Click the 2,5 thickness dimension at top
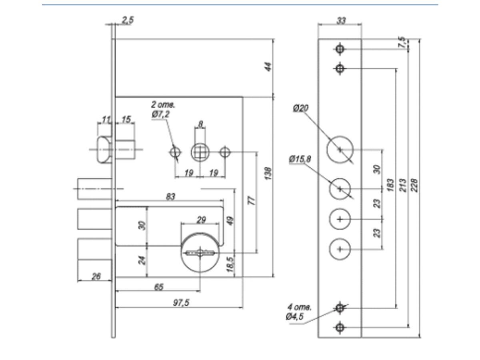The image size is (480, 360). tap(128, 20)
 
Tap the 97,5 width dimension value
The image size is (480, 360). tap(181, 303)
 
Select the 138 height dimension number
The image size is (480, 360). tap(268, 173)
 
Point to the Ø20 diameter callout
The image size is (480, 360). tap(301, 108)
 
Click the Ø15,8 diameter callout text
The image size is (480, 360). tap(300, 159)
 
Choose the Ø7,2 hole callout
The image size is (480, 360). tap(161, 114)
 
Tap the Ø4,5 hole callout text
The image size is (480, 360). tap(294, 316)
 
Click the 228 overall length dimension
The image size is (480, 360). tap(414, 185)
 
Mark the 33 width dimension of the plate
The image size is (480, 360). tap(341, 21)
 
